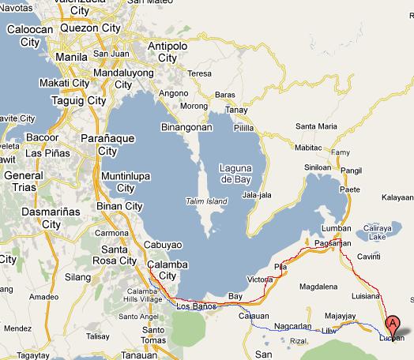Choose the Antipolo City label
[167, 49]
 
